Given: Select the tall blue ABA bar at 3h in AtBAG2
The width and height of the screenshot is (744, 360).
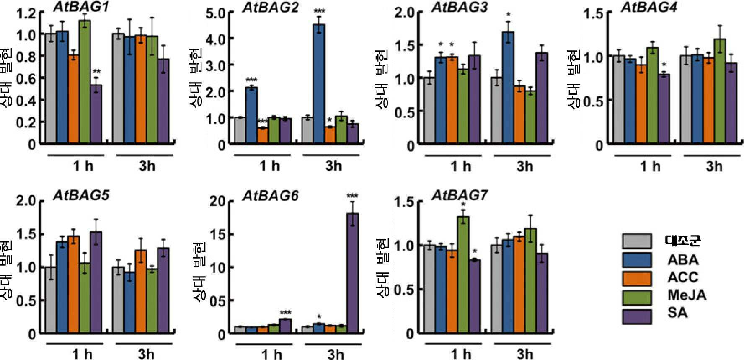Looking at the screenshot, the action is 319,84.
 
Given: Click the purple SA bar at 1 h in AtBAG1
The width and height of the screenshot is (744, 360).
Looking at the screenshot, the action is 96,114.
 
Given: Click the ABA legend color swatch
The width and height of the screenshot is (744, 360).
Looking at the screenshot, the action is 637,260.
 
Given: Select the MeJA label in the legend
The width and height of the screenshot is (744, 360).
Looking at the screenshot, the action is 687,295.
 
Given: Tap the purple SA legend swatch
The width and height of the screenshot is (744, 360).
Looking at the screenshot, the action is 637,316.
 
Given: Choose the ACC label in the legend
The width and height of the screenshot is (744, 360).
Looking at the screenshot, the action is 683,277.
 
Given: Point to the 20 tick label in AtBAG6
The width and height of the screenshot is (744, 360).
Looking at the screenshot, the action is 217,202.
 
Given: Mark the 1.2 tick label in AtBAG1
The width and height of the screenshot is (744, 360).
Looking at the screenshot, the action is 26,13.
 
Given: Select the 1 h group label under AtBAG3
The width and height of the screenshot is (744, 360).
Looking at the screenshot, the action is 460,166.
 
